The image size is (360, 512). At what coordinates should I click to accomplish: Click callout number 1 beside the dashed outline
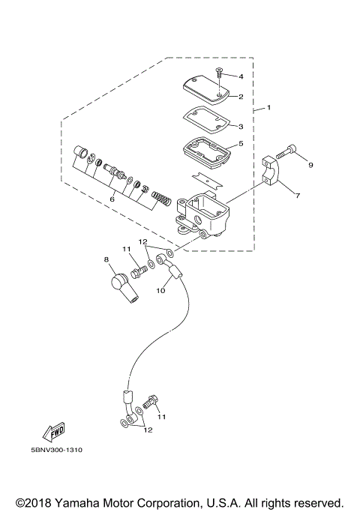click(x=268, y=108)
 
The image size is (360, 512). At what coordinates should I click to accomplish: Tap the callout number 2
click(x=241, y=97)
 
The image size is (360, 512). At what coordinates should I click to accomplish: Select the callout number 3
click(x=241, y=126)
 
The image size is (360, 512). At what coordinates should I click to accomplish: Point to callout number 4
click(x=241, y=76)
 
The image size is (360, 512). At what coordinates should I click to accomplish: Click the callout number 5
click(x=241, y=143)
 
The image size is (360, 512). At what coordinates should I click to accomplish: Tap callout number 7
click(x=297, y=196)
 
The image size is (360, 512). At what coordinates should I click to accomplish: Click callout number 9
click(x=310, y=164)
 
